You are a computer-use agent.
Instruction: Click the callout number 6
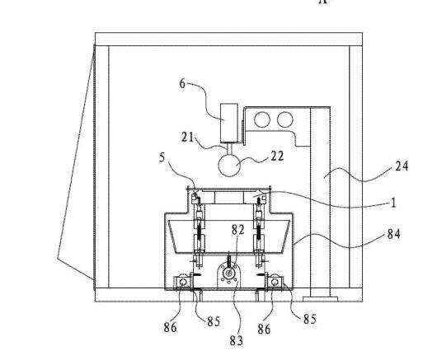[183, 84]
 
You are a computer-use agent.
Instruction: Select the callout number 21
[188, 138]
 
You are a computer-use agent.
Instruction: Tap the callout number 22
[277, 156]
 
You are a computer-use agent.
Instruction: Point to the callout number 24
[402, 166]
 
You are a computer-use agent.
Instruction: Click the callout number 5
[162, 157]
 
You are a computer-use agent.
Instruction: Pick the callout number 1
[393, 203]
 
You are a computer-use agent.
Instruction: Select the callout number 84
[394, 234]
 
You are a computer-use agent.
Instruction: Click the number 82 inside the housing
[238, 230]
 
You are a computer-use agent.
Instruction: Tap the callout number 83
[236, 341]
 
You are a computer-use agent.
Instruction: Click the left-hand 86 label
[170, 328]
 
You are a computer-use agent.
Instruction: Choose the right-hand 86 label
[264, 329]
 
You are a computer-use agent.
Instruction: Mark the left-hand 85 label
[214, 321]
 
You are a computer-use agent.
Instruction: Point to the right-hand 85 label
[310, 319]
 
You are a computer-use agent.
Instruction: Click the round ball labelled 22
[229, 166]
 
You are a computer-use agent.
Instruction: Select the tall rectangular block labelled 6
[229, 123]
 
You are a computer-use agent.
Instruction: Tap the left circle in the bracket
[262, 119]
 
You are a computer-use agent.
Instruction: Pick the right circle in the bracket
[285, 119]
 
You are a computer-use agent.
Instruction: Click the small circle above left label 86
[183, 282]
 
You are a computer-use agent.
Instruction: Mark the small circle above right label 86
[275, 282]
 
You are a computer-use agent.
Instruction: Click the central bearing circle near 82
[228, 273]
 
